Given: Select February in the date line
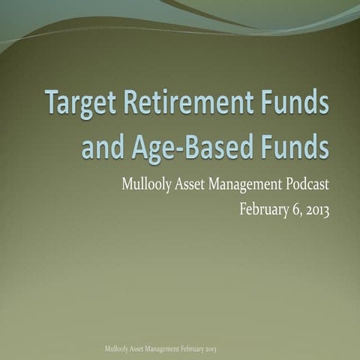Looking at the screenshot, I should [x=265, y=209].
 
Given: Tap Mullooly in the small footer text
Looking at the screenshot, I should [x=119, y=349].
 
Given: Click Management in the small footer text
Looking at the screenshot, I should [x=166, y=349].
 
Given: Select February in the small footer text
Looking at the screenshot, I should [x=194, y=349].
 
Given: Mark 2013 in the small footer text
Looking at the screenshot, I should [x=212, y=349].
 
